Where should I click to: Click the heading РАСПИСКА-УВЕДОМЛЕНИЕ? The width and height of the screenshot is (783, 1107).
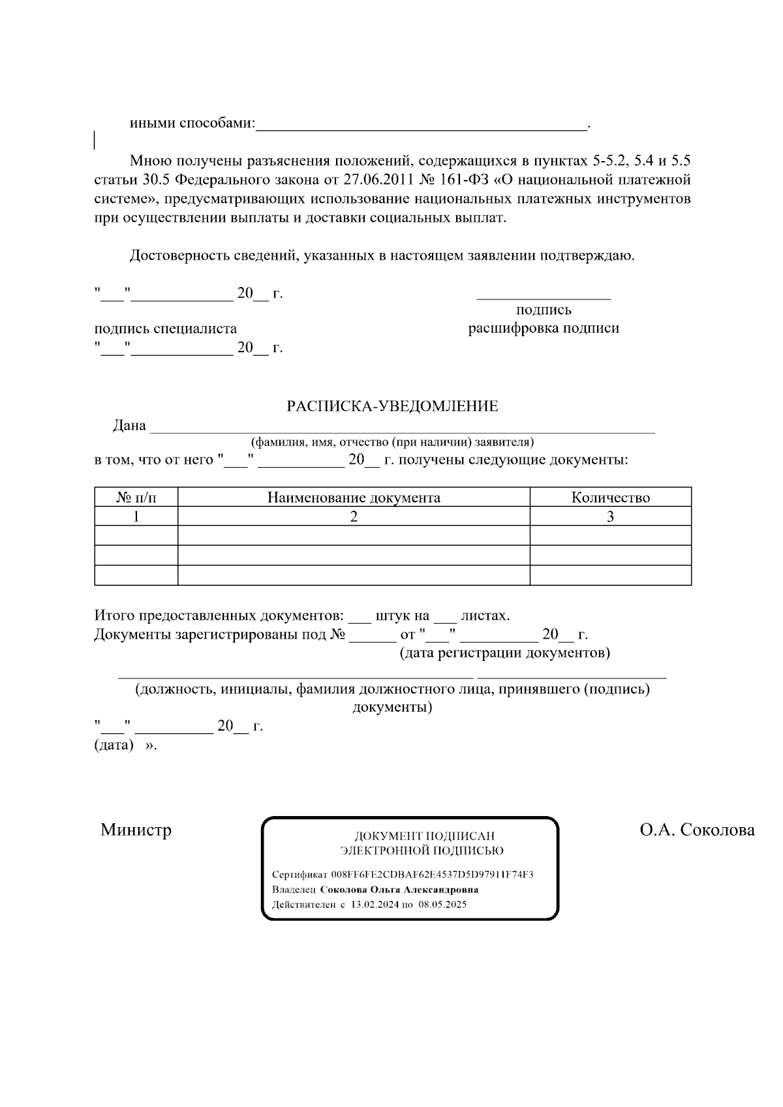click(x=392, y=406)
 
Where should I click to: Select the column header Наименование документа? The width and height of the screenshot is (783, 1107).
click(x=354, y=498)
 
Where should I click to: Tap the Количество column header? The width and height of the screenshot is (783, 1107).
click(x=610, y=498)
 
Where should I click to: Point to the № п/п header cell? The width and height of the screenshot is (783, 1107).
click(x=136, y=498)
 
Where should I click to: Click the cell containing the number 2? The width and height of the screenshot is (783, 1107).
click(x=354, y=517)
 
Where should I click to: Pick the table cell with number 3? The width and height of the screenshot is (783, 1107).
click(x=610, y=517)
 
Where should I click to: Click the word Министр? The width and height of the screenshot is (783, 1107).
click(x=136, y=830)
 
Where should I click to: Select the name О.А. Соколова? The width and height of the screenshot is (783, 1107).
click(x=697, y=830)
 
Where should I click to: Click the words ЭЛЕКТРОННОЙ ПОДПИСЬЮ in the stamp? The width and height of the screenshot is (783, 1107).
click(x=422, y=851)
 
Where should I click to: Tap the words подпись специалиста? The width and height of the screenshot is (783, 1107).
click(x=165, y=328)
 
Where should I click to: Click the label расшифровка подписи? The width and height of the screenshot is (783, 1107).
click(x=543, y=328)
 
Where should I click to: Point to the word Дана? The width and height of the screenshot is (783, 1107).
click(x=129, y=425)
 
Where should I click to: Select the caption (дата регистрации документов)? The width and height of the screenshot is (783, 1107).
click(x=504, y=653)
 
